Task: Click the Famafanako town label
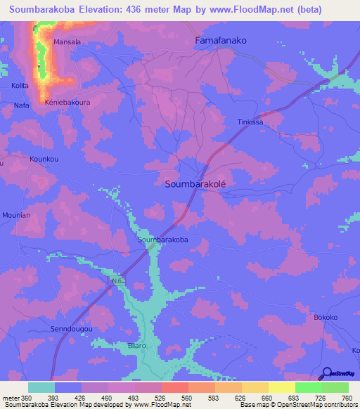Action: (x=220, y=41)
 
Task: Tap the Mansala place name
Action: (x=67, y=42)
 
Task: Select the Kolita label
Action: (x=20, y=85)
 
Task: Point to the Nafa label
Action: (x=21, y=105)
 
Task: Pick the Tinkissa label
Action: (x=250, y=122)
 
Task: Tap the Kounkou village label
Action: (x=42, y=160)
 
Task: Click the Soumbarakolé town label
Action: (x=199, y=183)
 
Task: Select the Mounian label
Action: (x=16, y=215)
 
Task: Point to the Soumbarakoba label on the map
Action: (x=163, y=240)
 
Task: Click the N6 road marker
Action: (x=117, y=282)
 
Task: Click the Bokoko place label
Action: (x=326, y=317)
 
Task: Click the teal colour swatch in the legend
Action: (x=41, y=387)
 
